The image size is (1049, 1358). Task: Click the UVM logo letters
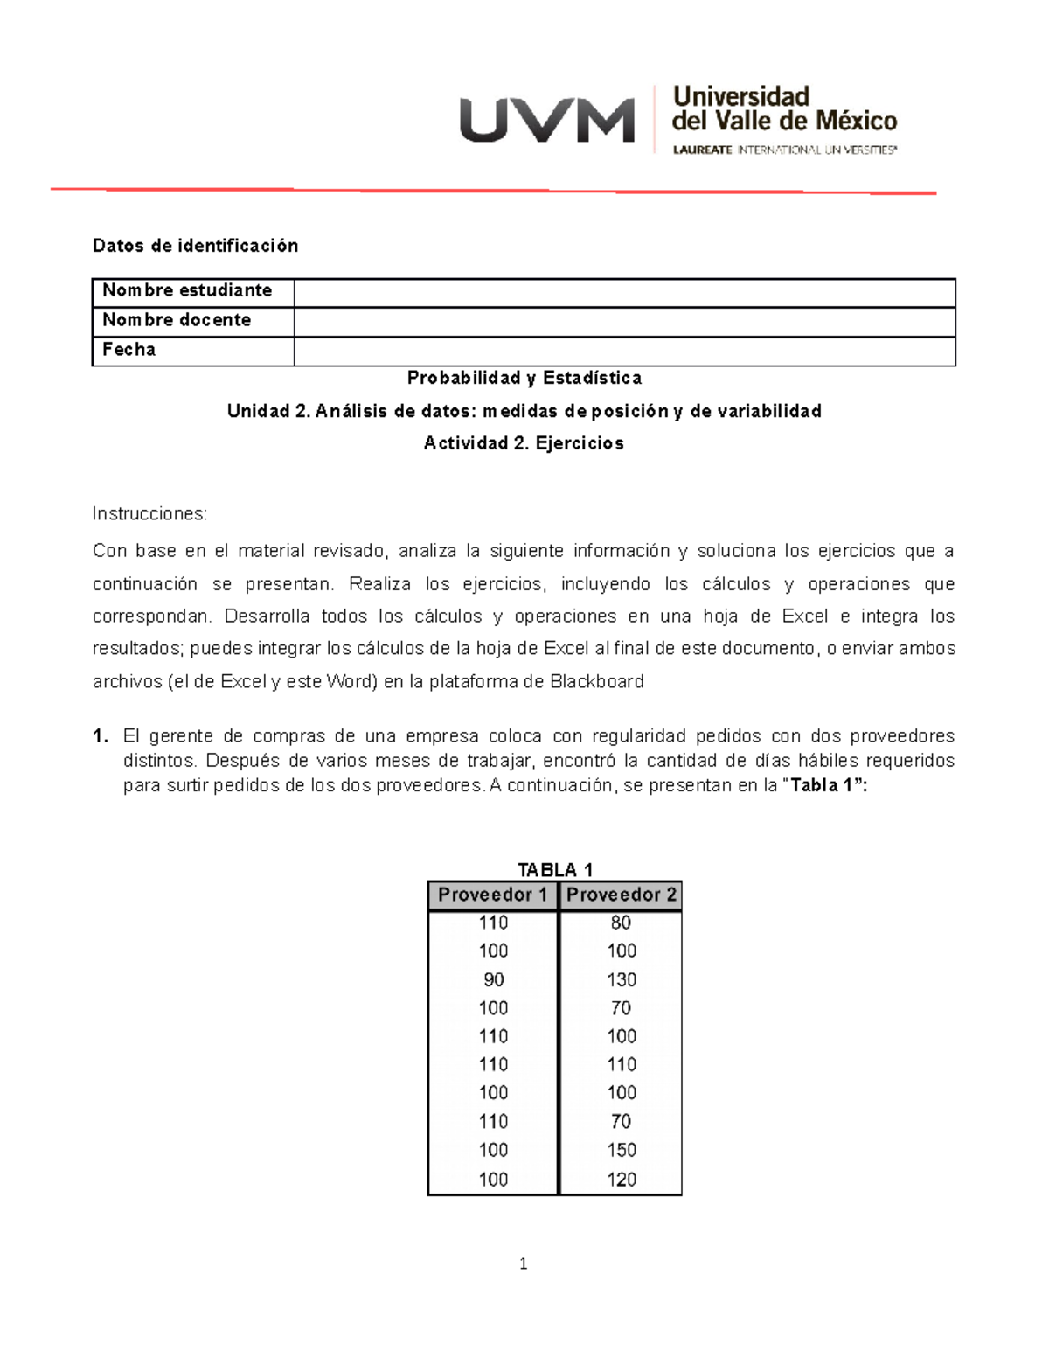pyautogui.click(x=547, y=121)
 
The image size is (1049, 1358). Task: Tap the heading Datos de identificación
pyautogui.click(x=195, y=246)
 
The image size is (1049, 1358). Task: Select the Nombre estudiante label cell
pyautogui.click(x=187, y=290)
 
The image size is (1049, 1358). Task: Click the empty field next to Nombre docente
pyautogui.click(x=624, y=321)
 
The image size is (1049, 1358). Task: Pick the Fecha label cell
pyautogui.click(x=129, y=350)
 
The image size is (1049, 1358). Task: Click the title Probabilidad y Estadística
pyautogui.click(x=524, y=378)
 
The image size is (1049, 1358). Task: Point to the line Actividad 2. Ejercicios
pyautogui.click(x=524, y=443)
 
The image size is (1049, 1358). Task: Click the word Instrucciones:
pyautogui.click(x=149, y=513)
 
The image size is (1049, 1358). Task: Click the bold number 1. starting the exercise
pyautogui.click(x=101, y=735)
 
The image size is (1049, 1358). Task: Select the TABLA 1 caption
pyautogui.click(x=554, y=869)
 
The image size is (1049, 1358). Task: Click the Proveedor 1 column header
pyautogui.click(x=492, y=895)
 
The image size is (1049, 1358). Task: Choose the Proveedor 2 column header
pyautogui.click(x=621, y=895)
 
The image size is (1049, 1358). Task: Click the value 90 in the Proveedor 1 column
pyautogui.click(x=493, y=979)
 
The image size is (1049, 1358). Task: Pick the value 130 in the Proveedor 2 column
pyautogui.click(x=621, y=979)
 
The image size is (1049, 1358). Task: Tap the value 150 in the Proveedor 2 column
pyautogui.click(x=621, y=1150)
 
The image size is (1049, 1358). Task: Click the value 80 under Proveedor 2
pyautogui.click(x=621, y=923)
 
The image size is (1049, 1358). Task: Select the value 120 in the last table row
pyautogui.click(x=621, y=1179)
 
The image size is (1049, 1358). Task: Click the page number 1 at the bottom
pyautogui.click(x=523, y=1264)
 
